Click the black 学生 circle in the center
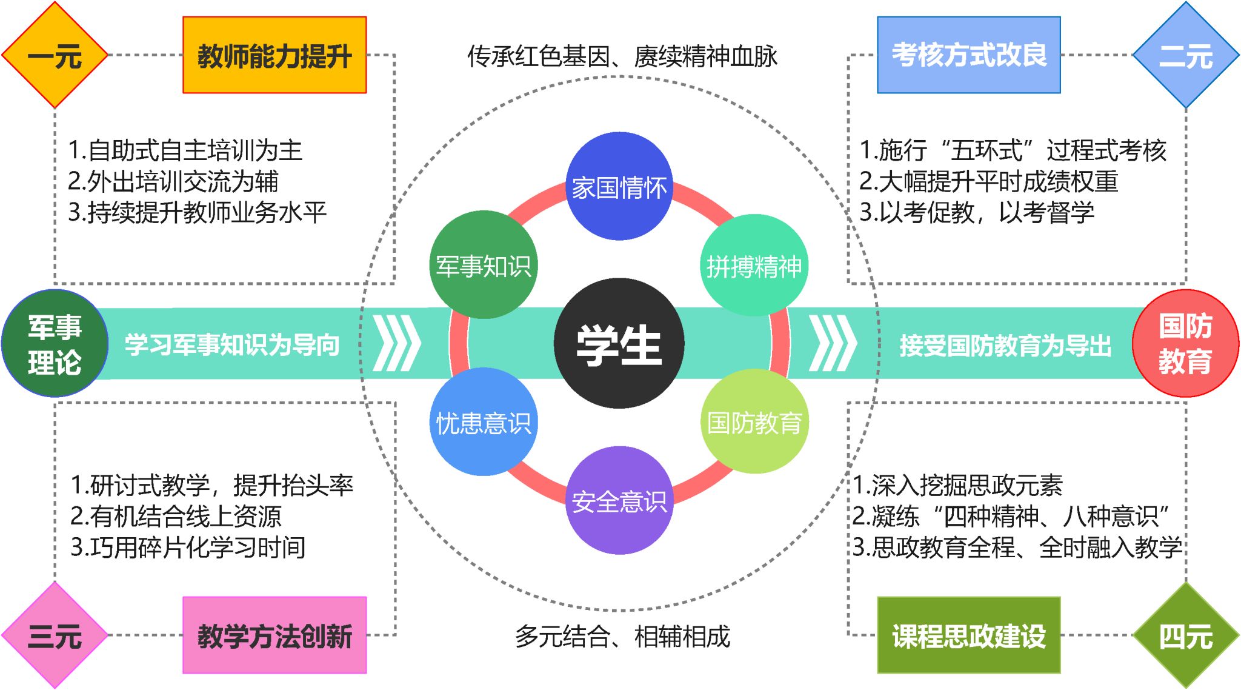(x=619, y=343)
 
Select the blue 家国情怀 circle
(x=619, y=186)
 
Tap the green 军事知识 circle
(x=483, y=264)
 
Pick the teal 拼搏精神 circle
(x=754, y=266)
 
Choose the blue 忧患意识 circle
(x=483, y=421)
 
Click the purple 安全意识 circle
(x=619, y=500)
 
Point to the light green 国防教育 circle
(x=754, y=421)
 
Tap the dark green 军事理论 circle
(x=55, y=343)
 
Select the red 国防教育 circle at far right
(x=1185, y=343)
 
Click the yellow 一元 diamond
(x=55, y=55)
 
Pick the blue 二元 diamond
(x=1186, y=55)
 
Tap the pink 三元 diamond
(x=55, y=635)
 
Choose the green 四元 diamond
(x=1186, y=635)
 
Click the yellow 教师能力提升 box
(x=274, y=55)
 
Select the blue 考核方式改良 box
(x=969, y=55)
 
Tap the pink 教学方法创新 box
(x=274, y=635)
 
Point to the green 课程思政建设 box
(x=969, y=635)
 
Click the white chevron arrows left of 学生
(x=397, y=343)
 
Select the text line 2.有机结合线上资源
(x=176, y=516)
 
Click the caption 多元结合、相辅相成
(x=623, y=637)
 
